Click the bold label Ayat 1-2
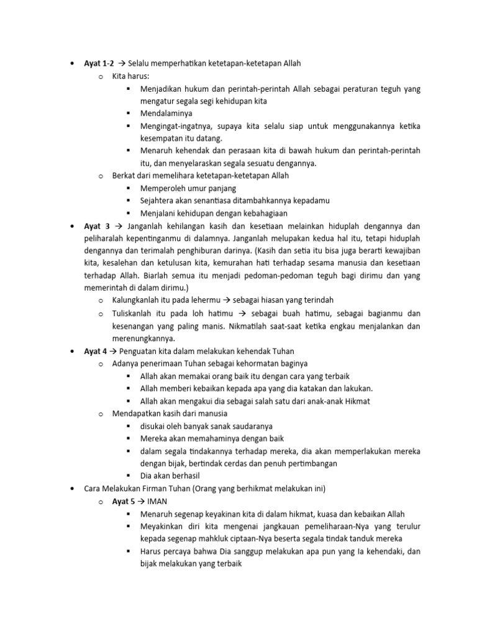click(x=99, y=63)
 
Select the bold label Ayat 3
click(x=97, y=226)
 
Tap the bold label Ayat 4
click(x=96, y=351)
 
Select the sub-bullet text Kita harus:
click(x=127, y=76)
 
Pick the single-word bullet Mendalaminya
click(x=166, y=113)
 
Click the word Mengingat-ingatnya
click(x=173, y=126)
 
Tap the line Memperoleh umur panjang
click(x=188, y=188)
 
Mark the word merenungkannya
click(x=143, y=338)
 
